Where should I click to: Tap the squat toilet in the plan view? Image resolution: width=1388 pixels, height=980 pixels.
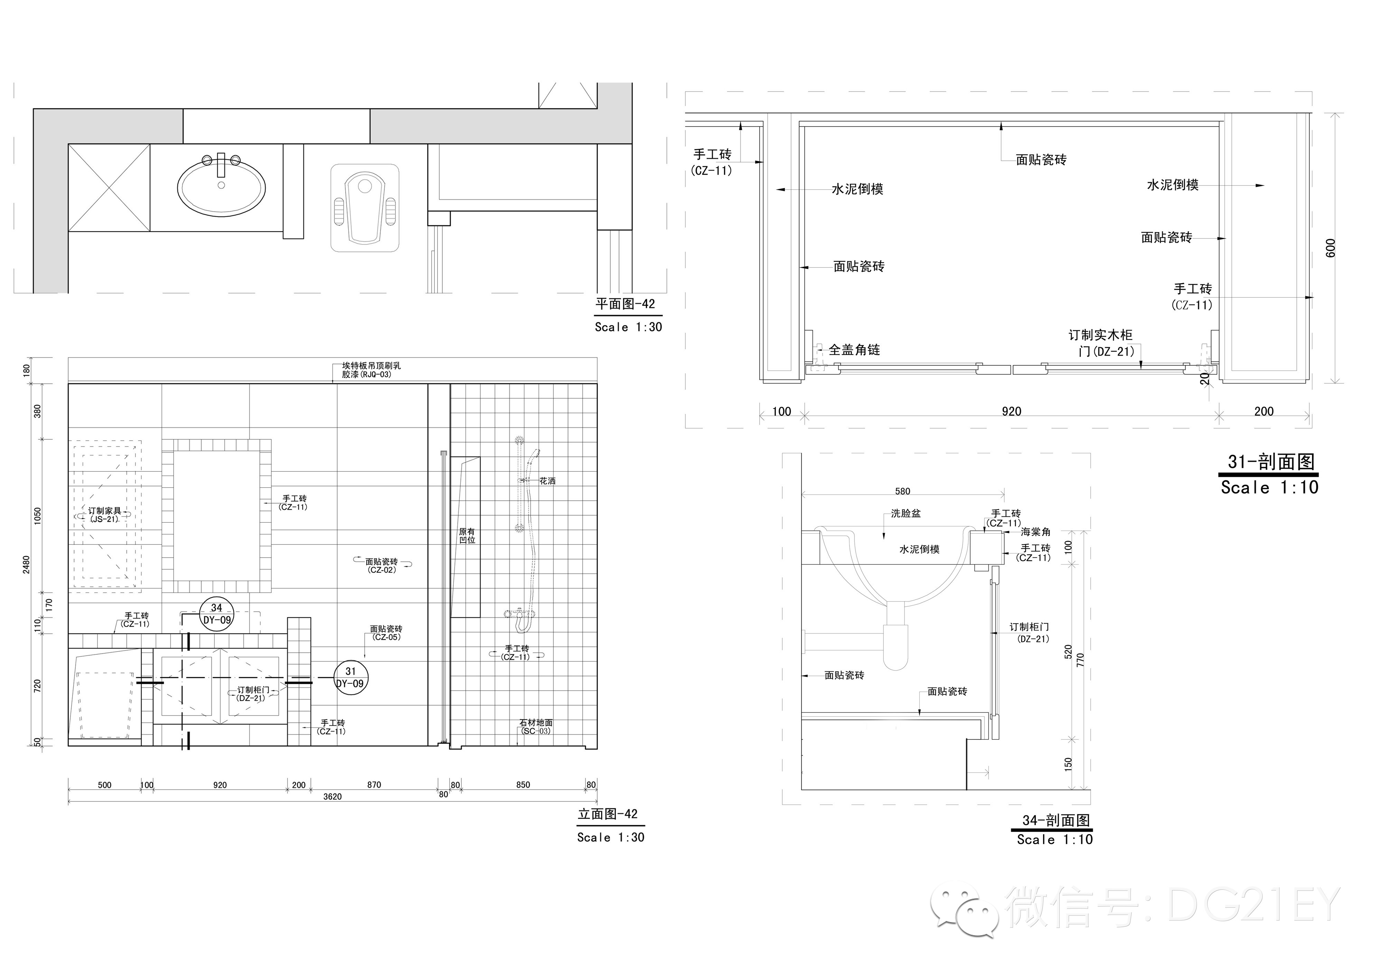(x=365, y=207)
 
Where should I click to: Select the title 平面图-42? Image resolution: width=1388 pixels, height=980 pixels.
(x=625, y=304)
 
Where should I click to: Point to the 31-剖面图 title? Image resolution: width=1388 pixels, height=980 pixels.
(x=1271, y=462)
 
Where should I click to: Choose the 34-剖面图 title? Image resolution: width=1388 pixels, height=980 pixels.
(x=1056, y=820)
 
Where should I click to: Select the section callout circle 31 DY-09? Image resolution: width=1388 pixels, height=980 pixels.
(x=350, y=678)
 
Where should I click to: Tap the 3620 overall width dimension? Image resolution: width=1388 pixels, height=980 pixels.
(x=332, y=796)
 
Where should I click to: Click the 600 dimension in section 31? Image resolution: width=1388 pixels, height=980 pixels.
(x=1331, y=248)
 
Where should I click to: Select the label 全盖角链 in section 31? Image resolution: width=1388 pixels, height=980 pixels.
(x=854, y=349)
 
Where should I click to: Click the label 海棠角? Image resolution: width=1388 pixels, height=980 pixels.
(x=1035, y=532)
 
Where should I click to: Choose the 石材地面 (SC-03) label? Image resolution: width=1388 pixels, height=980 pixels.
(x=536, y=727)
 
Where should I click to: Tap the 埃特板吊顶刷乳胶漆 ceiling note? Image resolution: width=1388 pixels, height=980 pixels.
(x=371, y=370)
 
